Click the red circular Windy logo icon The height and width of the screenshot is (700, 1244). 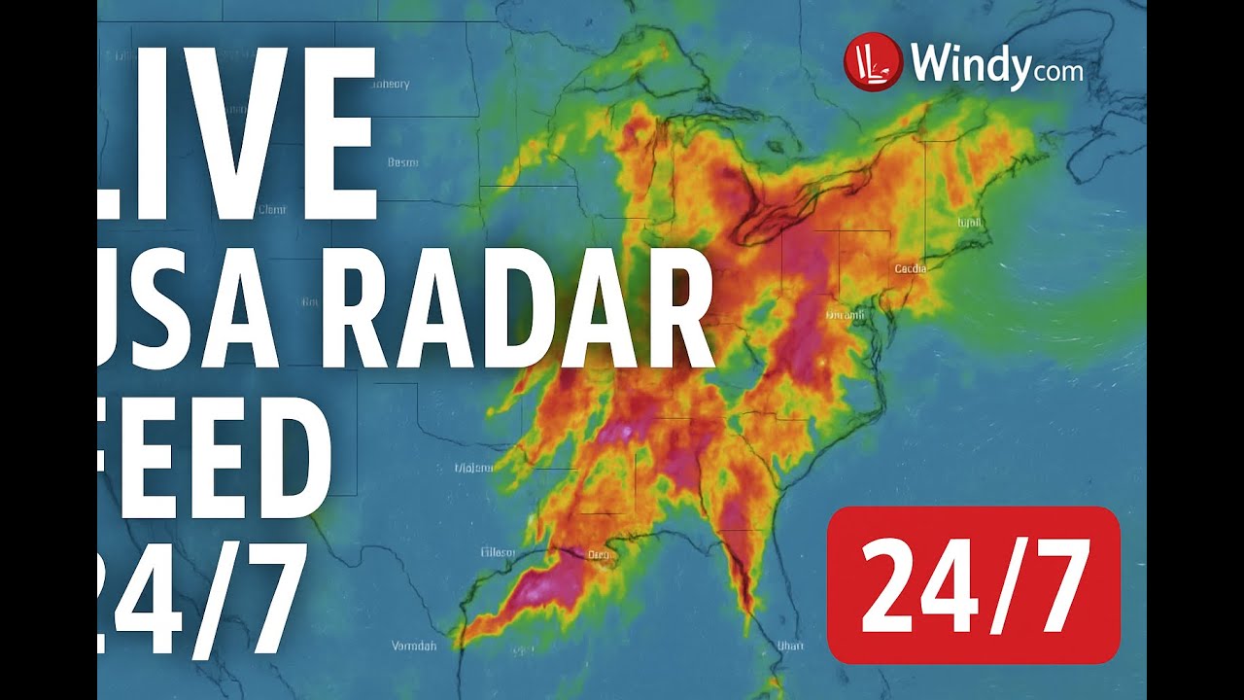click(873, 62)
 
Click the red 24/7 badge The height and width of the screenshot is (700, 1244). click(973, 585)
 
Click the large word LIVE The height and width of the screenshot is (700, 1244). click(233, 136)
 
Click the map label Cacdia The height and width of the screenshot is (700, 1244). click(911, 268)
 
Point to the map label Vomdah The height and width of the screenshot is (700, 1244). click(414, 646)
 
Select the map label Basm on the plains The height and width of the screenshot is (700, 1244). click(402, 162)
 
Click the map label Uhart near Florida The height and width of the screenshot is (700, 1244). click(791, 646)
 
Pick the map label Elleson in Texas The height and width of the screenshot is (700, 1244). click(498, 552)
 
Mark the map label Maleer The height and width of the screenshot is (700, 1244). click(474, 469)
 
